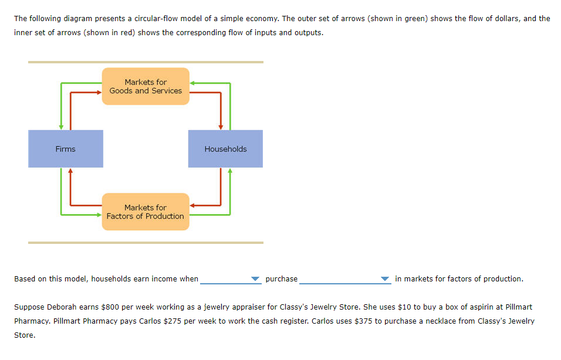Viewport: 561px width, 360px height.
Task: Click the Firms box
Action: pyautogui.click(x=66, y=149)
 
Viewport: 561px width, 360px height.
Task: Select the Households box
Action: pyautogui.click(x=225, y=149)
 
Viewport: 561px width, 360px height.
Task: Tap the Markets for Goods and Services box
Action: pyautogui.click(x=146, y=86)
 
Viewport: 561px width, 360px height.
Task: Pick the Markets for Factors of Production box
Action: pyautogui.click(x=146, y=212)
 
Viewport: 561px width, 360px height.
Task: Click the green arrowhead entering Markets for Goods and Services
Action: pyautogui.click(x=192, y=83)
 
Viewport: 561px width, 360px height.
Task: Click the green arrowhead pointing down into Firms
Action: pyautogui.click(x=60, y=127)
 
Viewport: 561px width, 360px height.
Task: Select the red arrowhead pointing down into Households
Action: pyautogui.click(x=221, y=127)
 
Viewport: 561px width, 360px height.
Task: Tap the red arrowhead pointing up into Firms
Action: pyautogui.click(x=70, y=171)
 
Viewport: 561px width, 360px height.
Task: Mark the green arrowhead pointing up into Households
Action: pyautogui.click(x=230, y=171)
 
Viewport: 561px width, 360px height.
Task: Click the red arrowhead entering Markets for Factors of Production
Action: pyautogui.click(x=192, y=205)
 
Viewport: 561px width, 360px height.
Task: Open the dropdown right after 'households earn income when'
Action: pyautogui.click(x=231, y=279)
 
